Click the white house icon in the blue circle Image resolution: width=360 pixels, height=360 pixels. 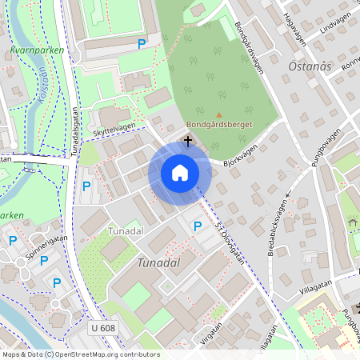point(180,173)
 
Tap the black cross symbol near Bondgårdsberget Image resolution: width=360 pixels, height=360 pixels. point(188,141)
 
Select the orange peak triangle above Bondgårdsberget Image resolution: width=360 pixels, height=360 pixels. point(219,114)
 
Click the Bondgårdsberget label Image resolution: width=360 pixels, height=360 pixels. point(219,126)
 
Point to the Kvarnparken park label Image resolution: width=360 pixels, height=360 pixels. point(37,50)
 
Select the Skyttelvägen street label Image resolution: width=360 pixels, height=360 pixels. point(114,128)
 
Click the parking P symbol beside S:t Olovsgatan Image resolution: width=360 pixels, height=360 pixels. point(198,226)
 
